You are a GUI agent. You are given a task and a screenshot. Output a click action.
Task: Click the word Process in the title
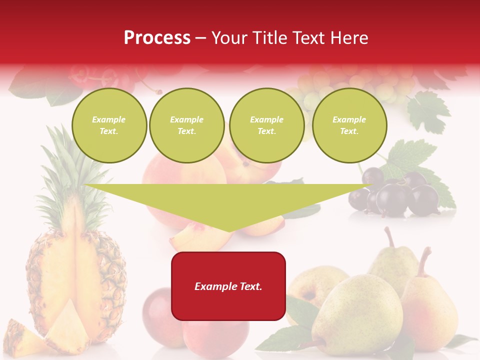point(157,38)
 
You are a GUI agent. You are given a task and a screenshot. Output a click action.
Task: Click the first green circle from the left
point(109,125)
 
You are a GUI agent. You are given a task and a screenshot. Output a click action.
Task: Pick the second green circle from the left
point(187,125)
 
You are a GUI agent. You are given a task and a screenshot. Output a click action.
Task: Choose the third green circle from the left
point(266,125)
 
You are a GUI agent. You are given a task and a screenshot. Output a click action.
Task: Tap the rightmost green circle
point(349,125)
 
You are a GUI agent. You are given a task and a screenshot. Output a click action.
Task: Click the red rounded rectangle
point(228,286)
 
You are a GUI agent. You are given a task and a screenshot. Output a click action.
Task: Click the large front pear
point(357,312)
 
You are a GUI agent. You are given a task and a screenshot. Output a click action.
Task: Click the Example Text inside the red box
point(228,286)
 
